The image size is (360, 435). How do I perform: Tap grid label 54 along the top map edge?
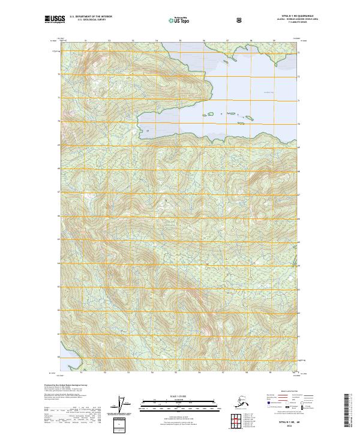click(157, 41)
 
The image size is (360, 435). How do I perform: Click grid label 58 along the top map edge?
click(251, 41)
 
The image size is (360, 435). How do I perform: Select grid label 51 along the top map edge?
click(86, 41)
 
